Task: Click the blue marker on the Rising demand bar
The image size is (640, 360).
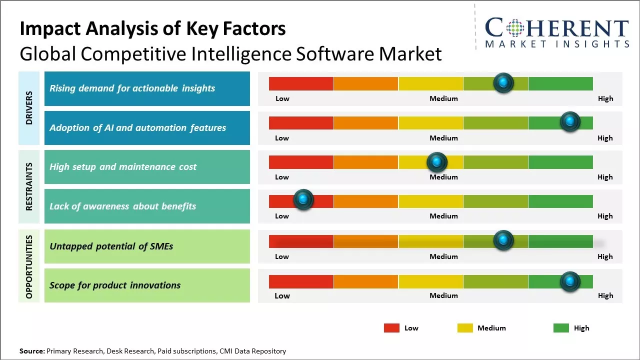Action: [503, 82]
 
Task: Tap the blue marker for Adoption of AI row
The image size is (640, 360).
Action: [569, 121]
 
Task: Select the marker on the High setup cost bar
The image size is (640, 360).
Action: [437, 161]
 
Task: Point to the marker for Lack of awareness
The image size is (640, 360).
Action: [303, 200]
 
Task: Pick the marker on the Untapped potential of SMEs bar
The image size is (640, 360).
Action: [503, 240]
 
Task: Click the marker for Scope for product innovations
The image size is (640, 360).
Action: [569, 281]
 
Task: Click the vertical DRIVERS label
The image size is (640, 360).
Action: [29, 108]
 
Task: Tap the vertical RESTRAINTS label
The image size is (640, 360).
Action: [29, 186]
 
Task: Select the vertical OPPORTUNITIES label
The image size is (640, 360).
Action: [29, 266]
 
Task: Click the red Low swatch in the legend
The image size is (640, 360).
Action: [391, 328]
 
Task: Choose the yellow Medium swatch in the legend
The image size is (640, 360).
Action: [465, 328]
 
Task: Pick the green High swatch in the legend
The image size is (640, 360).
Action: [561, 328]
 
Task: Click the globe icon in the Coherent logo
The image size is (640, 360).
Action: [515, 27]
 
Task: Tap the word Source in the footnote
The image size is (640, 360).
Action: [31, 351]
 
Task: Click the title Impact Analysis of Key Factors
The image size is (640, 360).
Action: [152, 28]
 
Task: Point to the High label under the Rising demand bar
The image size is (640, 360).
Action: [605, 98]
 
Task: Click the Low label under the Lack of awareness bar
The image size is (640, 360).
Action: [282, 216]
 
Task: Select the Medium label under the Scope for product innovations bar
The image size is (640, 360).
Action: [443, 295]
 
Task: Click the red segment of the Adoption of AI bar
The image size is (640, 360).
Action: [301, 123]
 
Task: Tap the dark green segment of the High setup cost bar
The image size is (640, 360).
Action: [560, 162]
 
